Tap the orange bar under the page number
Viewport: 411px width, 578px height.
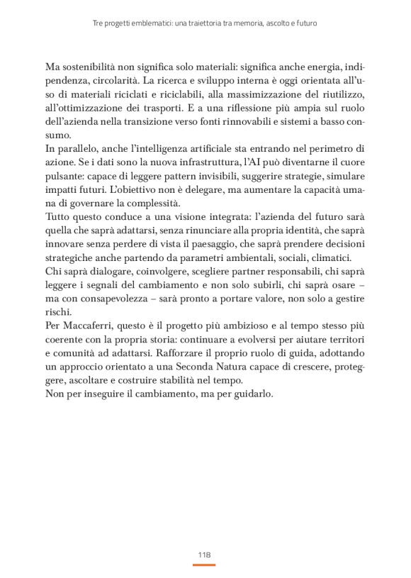coord(204,565)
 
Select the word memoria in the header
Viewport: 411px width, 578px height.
coord(249,23)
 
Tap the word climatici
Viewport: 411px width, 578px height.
coord(338,258)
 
